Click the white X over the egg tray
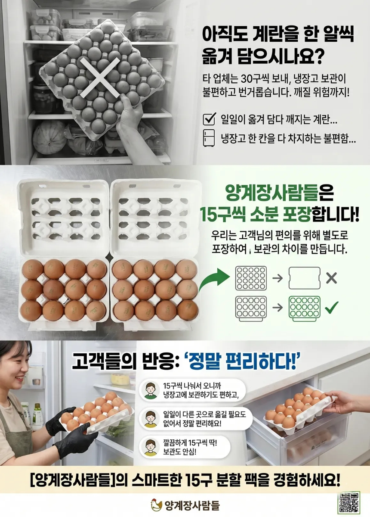coord(100,77)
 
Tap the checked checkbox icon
coord(210,119)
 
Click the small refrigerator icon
coord(209,138)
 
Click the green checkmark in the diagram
coord(332,308)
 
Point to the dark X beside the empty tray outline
coord(332,278)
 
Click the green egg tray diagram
coord(305,308)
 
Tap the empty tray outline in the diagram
coord(305,278)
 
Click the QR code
coord(349,505)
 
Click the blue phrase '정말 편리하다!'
coord(243,361)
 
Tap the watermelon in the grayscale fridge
coord(49,137)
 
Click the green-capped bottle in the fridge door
coord(37,413)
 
